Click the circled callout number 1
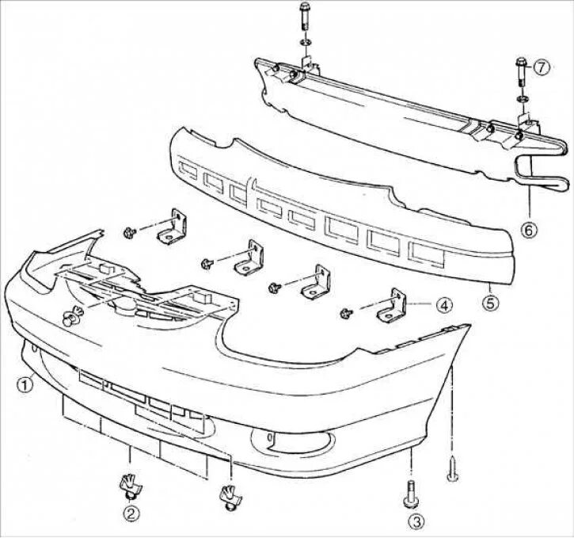25,386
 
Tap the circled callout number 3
416,521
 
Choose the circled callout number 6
529,229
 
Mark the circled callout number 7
541,68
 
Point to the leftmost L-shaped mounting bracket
171,229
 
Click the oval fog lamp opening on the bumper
282,441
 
